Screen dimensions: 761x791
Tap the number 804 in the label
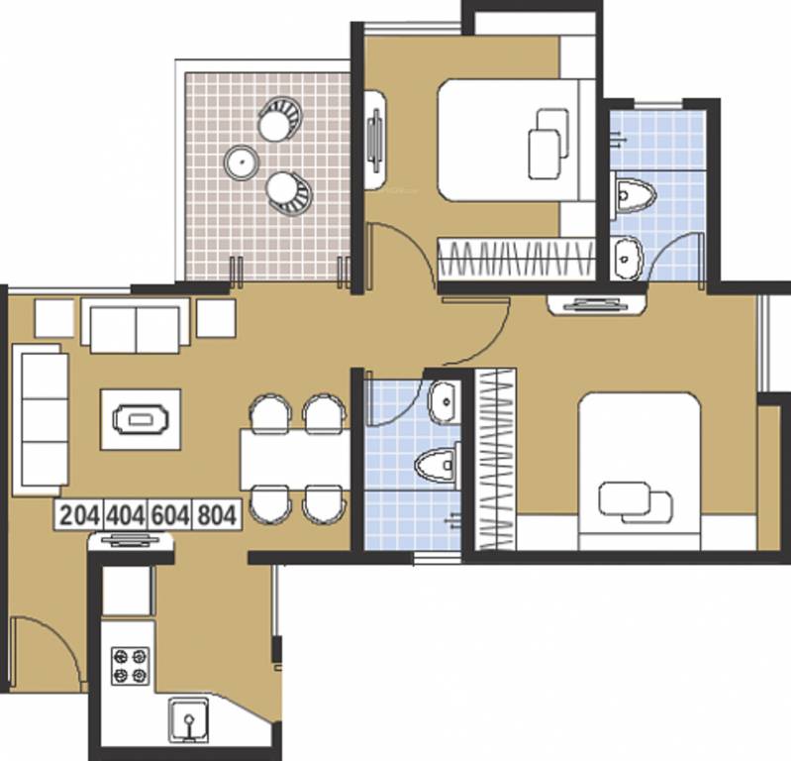pyautogui.click(x=216, y=515)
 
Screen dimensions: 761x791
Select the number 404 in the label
pyautogui.click(x=126, y=515)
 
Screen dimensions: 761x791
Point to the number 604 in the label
pyautogui.click(x=171, y=515)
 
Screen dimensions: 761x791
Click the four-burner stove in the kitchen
pyautogui.click(x=130, y=665)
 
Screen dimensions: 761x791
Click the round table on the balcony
pyautogui.click(x=241, y=160)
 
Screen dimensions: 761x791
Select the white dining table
pyautogui.click(x=294, y=459)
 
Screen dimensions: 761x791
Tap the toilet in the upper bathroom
pyautogui.click(x=630, y=195)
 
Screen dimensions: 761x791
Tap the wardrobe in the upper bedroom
pyautogui.click(x=515, y=260)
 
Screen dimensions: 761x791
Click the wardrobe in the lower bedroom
pyautogui.click(x=494, y=458)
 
